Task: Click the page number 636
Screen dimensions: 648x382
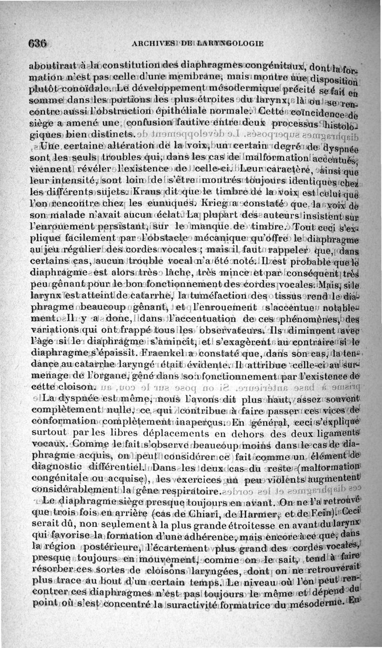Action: click(x=37, y=42)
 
